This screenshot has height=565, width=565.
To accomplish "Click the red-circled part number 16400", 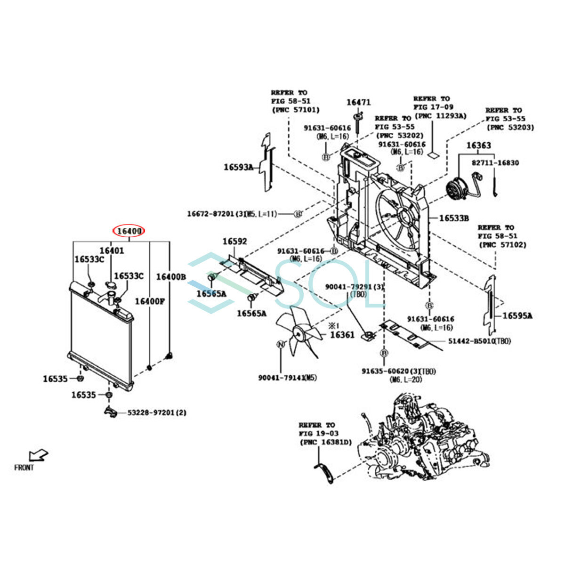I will [129, 231].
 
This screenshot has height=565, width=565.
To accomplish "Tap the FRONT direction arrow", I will [38, 455].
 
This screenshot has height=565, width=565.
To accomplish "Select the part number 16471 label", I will [359, 102].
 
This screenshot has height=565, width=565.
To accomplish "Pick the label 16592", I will [234, 242].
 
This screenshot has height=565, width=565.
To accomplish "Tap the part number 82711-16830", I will [495, 163].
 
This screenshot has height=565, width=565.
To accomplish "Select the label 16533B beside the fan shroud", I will [454, 218].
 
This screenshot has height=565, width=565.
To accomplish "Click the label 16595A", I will [517, 315].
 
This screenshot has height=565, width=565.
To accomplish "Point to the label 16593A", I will [238, 167].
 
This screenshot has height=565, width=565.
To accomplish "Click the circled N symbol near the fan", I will [281, 344].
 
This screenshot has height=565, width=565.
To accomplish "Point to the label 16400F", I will [150, 301].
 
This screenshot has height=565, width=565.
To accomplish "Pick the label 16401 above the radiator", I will [112, 250].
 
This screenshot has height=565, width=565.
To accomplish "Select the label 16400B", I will [171, 277].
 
